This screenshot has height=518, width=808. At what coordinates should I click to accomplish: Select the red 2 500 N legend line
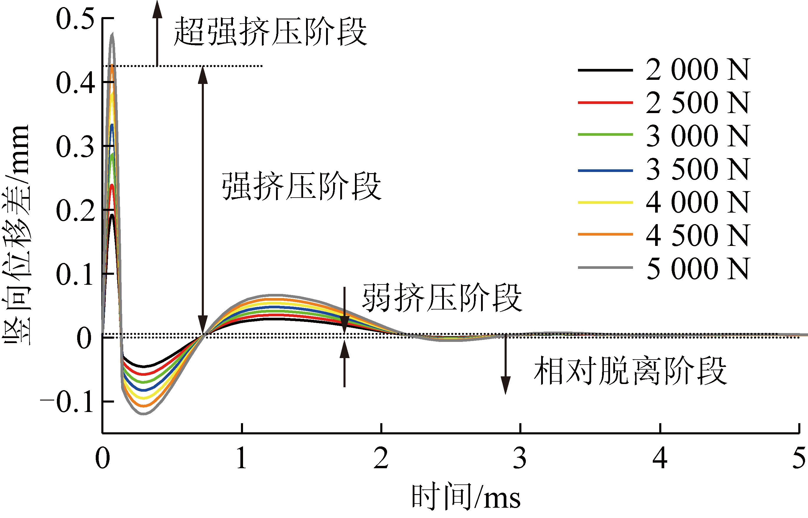605,102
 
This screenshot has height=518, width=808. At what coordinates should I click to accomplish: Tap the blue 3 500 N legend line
605,171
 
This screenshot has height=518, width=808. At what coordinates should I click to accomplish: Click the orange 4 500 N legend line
605,234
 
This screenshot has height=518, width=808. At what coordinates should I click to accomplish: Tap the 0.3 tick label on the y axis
75,147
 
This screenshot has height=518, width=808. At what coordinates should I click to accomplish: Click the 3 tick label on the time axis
520,458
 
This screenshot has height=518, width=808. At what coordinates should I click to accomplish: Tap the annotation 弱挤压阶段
442,298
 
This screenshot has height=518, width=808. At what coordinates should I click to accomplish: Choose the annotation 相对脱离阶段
630,371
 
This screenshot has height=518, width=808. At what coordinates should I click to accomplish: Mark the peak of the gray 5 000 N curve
112,34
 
